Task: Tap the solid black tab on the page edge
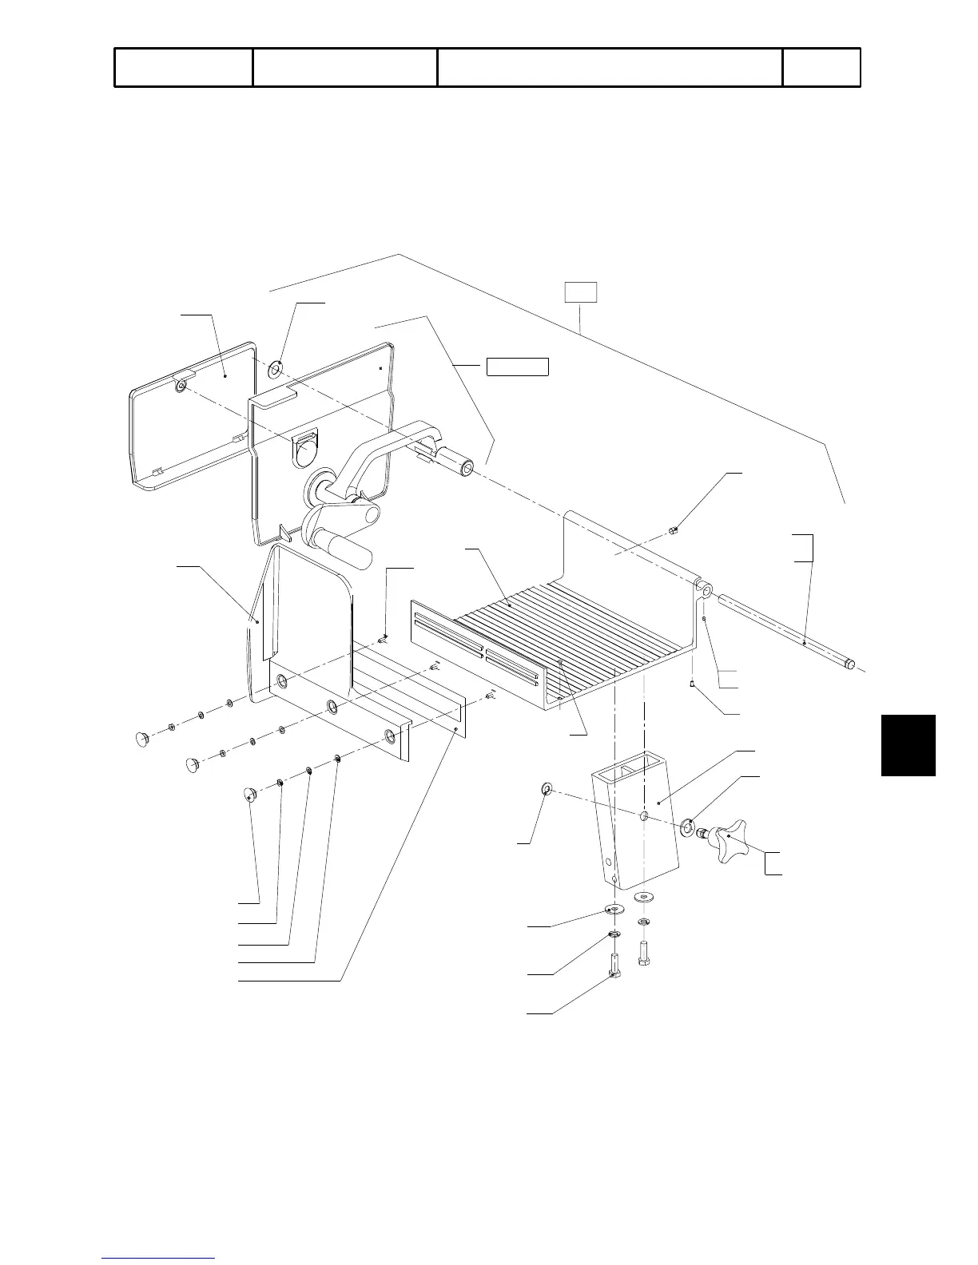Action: click(x=908, y=745)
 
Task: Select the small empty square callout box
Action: click(x=581, y=292)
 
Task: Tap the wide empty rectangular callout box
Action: click(x=518, y=367)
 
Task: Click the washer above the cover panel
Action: click(x=277, y=369)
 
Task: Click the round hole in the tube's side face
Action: click(x=644, y=816)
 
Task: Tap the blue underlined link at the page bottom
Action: click(x=158, y=1258)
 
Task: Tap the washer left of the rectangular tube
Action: click(x=546, y=791)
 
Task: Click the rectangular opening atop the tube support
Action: click(x=621, y=767)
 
